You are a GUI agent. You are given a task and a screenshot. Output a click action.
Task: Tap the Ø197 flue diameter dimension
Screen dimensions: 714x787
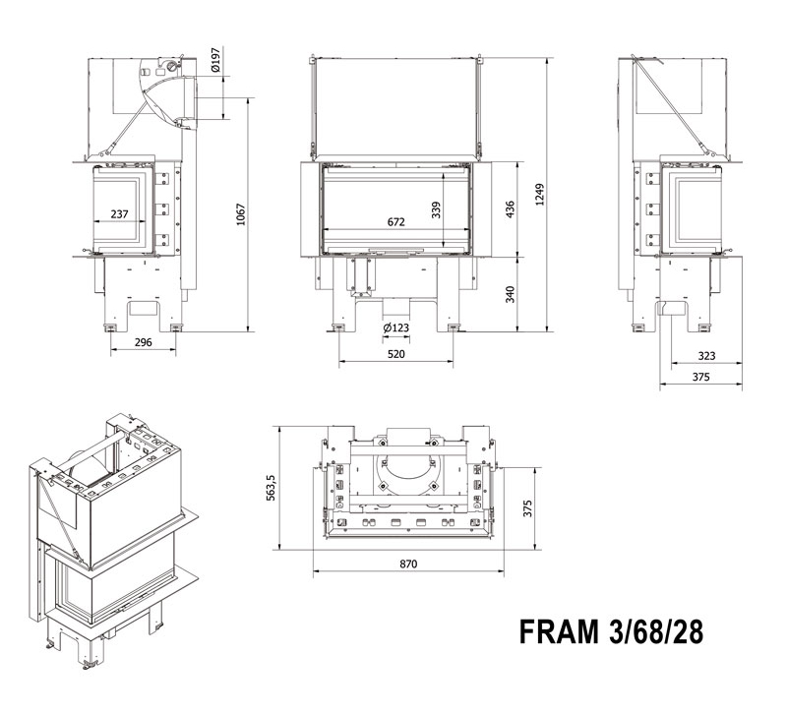click(x=215, y=62)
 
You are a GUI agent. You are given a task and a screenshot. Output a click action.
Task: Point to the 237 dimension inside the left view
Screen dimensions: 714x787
click(x=119, y=213)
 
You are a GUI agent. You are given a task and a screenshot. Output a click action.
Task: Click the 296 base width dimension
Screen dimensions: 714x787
click(x=143, y=342)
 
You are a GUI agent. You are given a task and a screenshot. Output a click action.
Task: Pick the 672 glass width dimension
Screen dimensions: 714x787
click(x=395, y=222)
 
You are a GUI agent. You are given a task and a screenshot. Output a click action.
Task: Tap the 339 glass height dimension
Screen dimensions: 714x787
click(x=436, y=209)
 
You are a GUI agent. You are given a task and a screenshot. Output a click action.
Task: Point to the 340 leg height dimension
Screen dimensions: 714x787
click(x=509, y=294)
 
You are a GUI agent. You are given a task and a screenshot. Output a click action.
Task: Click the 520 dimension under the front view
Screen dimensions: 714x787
click(x=397, y=352)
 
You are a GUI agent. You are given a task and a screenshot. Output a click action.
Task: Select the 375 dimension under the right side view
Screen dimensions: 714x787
click(x=699, y=377)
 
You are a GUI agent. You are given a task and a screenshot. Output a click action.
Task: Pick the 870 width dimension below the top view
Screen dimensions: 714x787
click(x=408, y=564)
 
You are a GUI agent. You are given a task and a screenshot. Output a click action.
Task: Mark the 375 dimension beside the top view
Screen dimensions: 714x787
click(x=528, y=507)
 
